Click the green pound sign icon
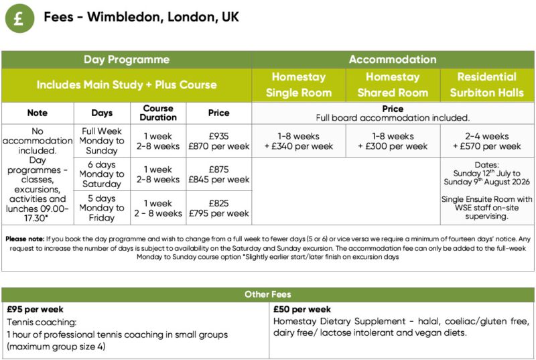coord(19,17)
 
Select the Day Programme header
coord(126,60)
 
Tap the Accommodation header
coord(393,60)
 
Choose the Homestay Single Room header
coord(299,84)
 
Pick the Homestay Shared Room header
coord(393,84)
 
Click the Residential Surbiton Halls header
coord(487,84)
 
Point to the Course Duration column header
coord(158,113)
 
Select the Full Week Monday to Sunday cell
coord(102,141)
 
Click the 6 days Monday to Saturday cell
coord(102,174)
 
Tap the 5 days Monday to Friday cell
coord(102,208)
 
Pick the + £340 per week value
coord(299,146)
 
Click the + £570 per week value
coord(487,146)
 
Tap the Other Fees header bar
coord(267,294)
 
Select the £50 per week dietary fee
coord(302,310)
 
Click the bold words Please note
coord(25,239)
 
